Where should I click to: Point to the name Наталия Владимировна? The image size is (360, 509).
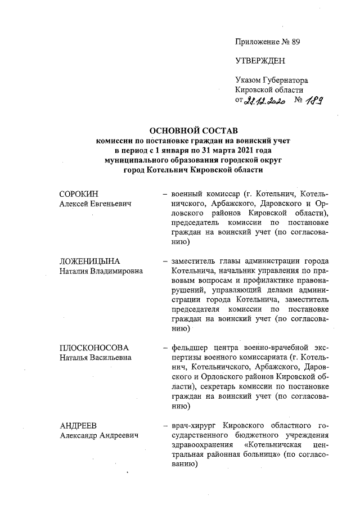101,271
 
